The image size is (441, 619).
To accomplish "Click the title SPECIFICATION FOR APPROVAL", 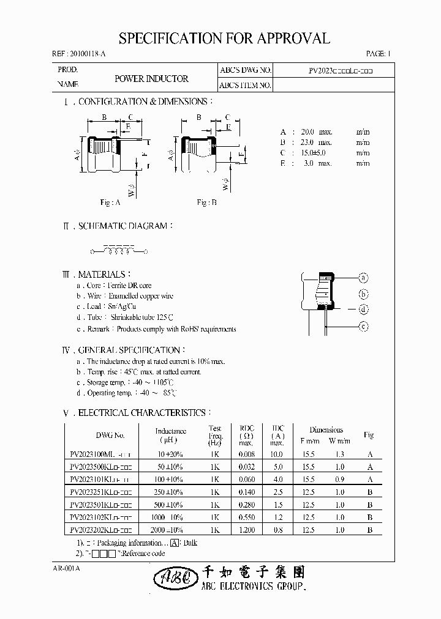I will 224,39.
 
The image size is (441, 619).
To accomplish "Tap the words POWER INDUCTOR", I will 151,79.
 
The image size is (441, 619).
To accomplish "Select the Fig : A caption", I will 110,202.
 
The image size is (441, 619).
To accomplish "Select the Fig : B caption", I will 206,202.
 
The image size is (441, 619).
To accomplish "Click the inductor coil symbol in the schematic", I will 120,251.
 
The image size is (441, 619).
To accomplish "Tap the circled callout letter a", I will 363,277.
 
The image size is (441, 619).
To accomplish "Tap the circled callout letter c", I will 363,327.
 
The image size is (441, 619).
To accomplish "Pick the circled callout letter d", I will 363,309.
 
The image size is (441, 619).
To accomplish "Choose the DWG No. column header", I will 110,436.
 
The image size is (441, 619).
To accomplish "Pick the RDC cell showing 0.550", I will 246,517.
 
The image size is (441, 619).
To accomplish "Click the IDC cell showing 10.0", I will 277,455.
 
